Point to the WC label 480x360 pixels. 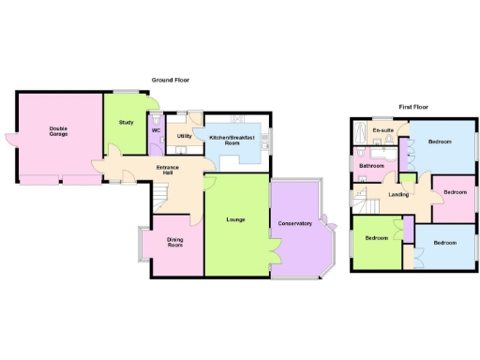tap(156, 130)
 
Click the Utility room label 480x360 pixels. tap(184, 136)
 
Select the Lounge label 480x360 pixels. tap(235, 219)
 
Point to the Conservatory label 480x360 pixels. tap(294, 223)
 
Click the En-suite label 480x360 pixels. tap(382, 129)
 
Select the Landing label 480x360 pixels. tap(398, 194)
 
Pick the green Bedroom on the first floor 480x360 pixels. tap(377, 238)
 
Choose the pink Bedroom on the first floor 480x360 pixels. tap(455, 192)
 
